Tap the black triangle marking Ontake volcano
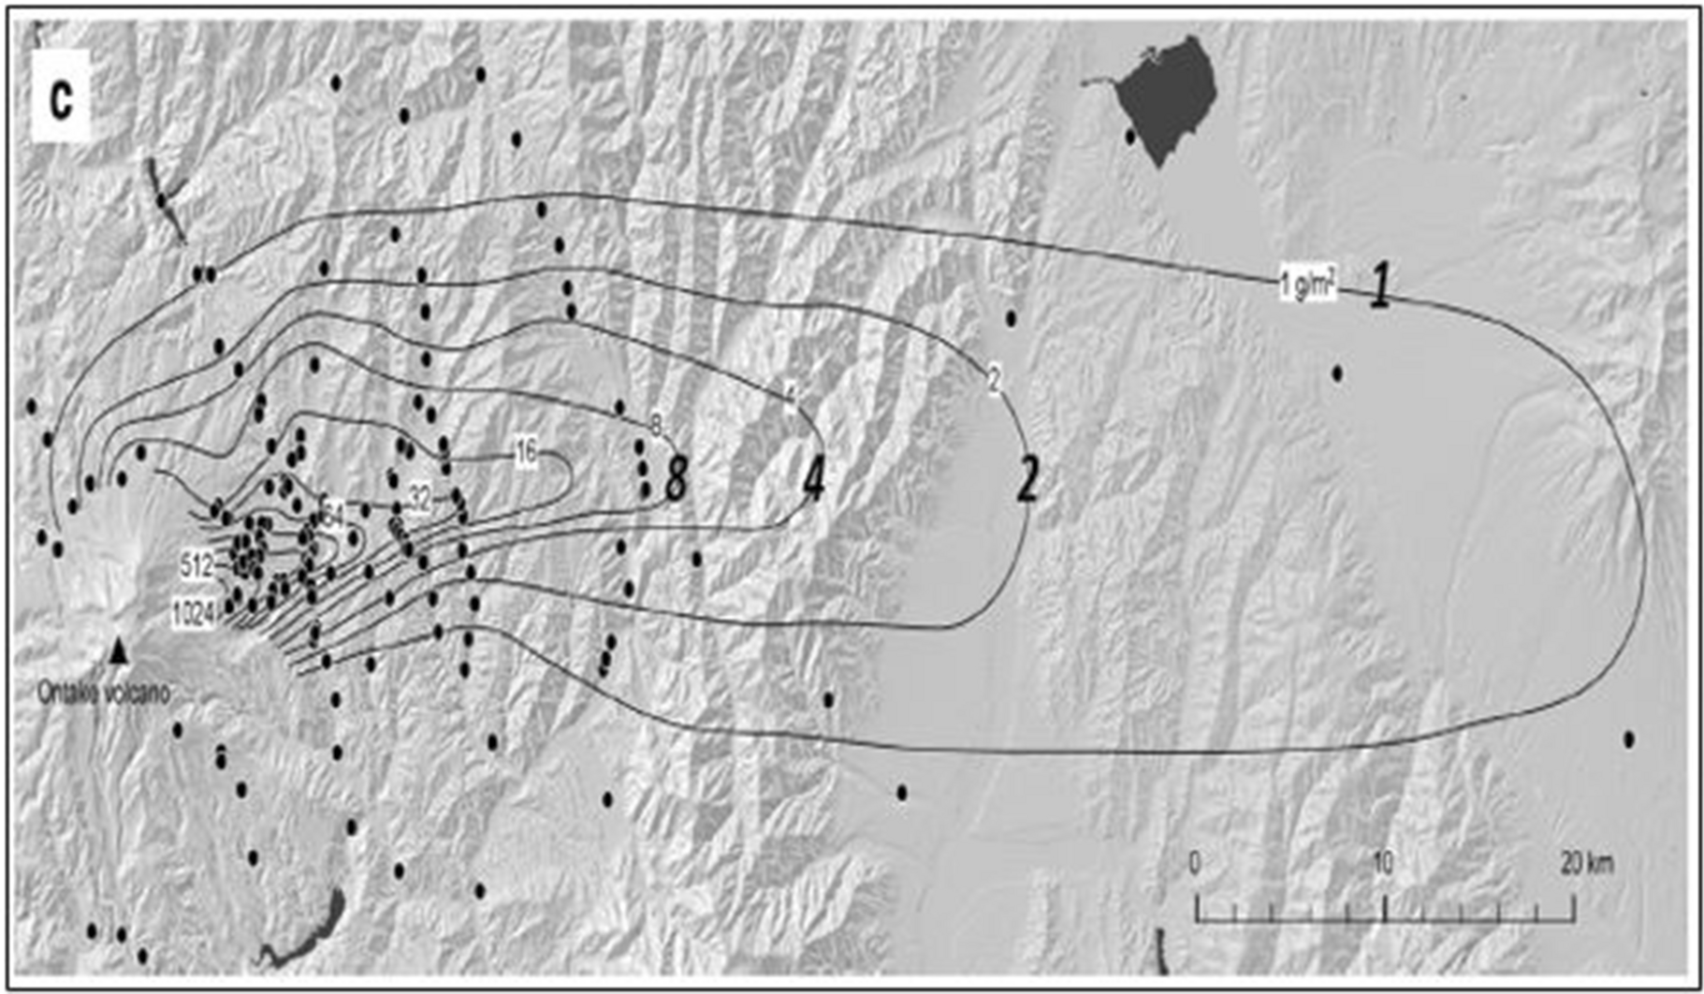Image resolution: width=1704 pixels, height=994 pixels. click(119, 651)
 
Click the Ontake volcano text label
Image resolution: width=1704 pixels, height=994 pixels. click(104, 694)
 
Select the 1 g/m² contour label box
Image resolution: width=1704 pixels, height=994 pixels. click(1307, 285)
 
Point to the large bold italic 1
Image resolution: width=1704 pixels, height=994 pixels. click(1379, 285)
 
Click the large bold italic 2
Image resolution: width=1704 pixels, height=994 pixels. click(1027, 481)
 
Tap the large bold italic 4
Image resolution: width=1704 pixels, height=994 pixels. click(814, 481)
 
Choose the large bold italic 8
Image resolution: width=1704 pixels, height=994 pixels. click(676, 478)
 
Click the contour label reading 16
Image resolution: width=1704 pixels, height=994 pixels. click(526, 453)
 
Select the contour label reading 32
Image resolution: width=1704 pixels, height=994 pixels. click(420, 500)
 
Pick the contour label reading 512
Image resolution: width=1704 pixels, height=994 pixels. click(197, 565)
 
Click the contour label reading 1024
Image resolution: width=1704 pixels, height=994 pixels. click(194, 614)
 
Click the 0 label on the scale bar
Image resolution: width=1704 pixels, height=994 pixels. click(1194, 862)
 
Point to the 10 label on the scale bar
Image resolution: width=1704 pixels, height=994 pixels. click(1382, 862)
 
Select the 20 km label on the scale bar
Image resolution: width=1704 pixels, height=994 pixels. click(1586, 862)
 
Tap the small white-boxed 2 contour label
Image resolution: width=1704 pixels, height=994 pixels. click(994, 379)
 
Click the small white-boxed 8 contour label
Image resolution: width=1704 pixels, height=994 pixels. click(656, 425)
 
